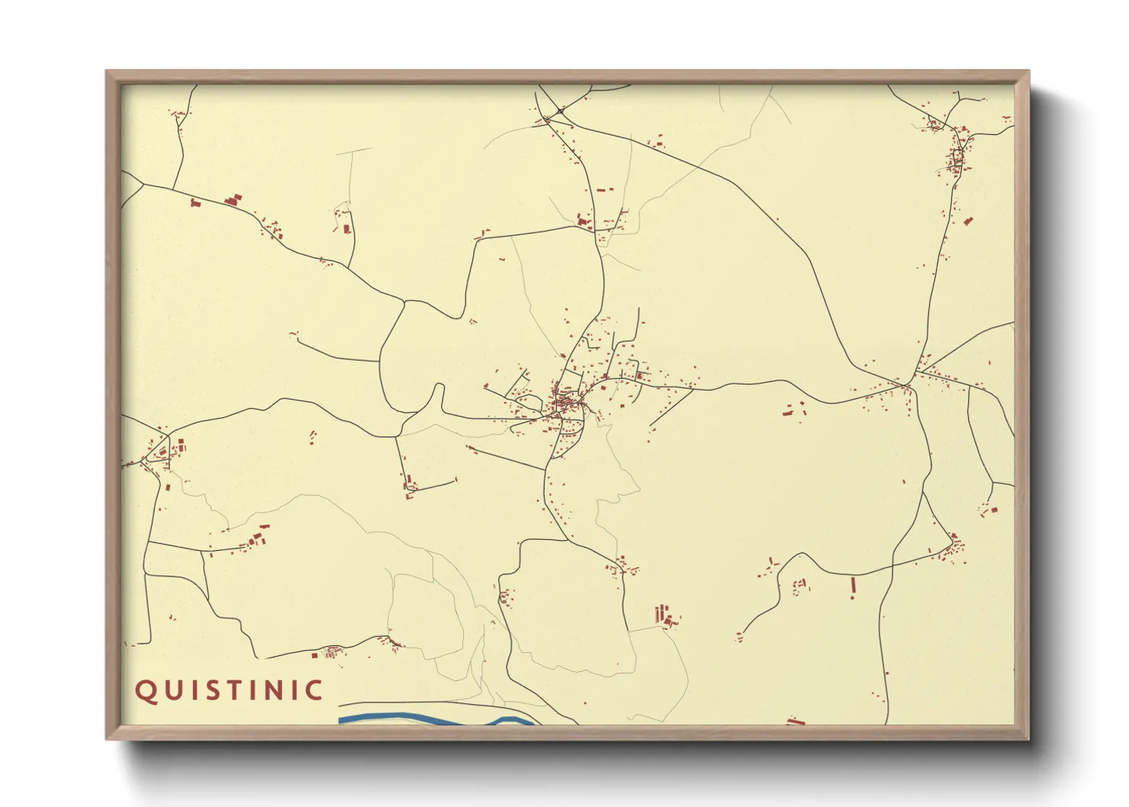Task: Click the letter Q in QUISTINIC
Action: [145, 690]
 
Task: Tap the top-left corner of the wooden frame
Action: [108, 72]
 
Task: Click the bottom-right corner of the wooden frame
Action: [1028, 738]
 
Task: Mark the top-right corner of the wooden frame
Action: [1028, 72]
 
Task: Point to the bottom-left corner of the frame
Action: [108, 738]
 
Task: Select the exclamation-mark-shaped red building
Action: [853, 586]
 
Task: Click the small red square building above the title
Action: [314, 654]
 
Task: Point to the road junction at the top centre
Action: [560, 112]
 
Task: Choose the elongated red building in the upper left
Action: [233, 201]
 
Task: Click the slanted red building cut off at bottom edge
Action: [796, 721]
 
